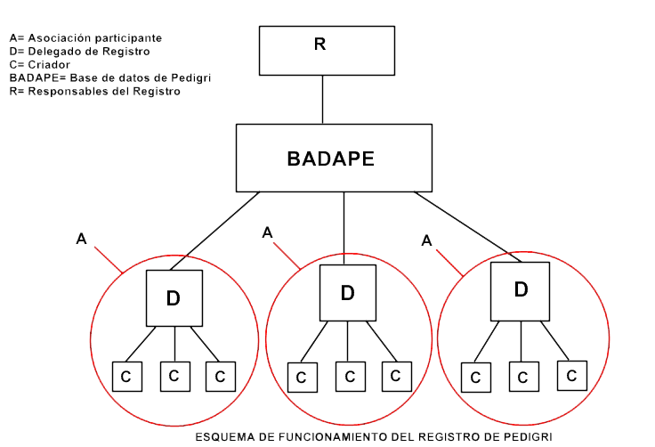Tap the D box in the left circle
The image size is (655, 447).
(x=174, y=298)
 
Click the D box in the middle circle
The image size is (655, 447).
(x=347, y=292)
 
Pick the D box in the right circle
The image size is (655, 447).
(x=521, y=289)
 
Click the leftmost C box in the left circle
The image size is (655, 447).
(x=125, y=377)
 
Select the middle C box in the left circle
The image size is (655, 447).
(x=174, y=375)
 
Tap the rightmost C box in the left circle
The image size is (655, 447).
(x=220, y=376)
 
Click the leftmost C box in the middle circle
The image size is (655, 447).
(x=302, y=377)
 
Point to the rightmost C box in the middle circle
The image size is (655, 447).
(x=394, y=376)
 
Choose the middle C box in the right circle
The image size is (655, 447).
(x=522, y=376)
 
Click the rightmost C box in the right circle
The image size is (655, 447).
(x=571, y=374)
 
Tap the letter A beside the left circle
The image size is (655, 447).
(x=81, y=239)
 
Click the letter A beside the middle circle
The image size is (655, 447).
(x=267, y=232)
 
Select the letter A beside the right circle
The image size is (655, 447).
(x=426, y=240)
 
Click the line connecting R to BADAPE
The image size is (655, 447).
(x=322, y=100)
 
